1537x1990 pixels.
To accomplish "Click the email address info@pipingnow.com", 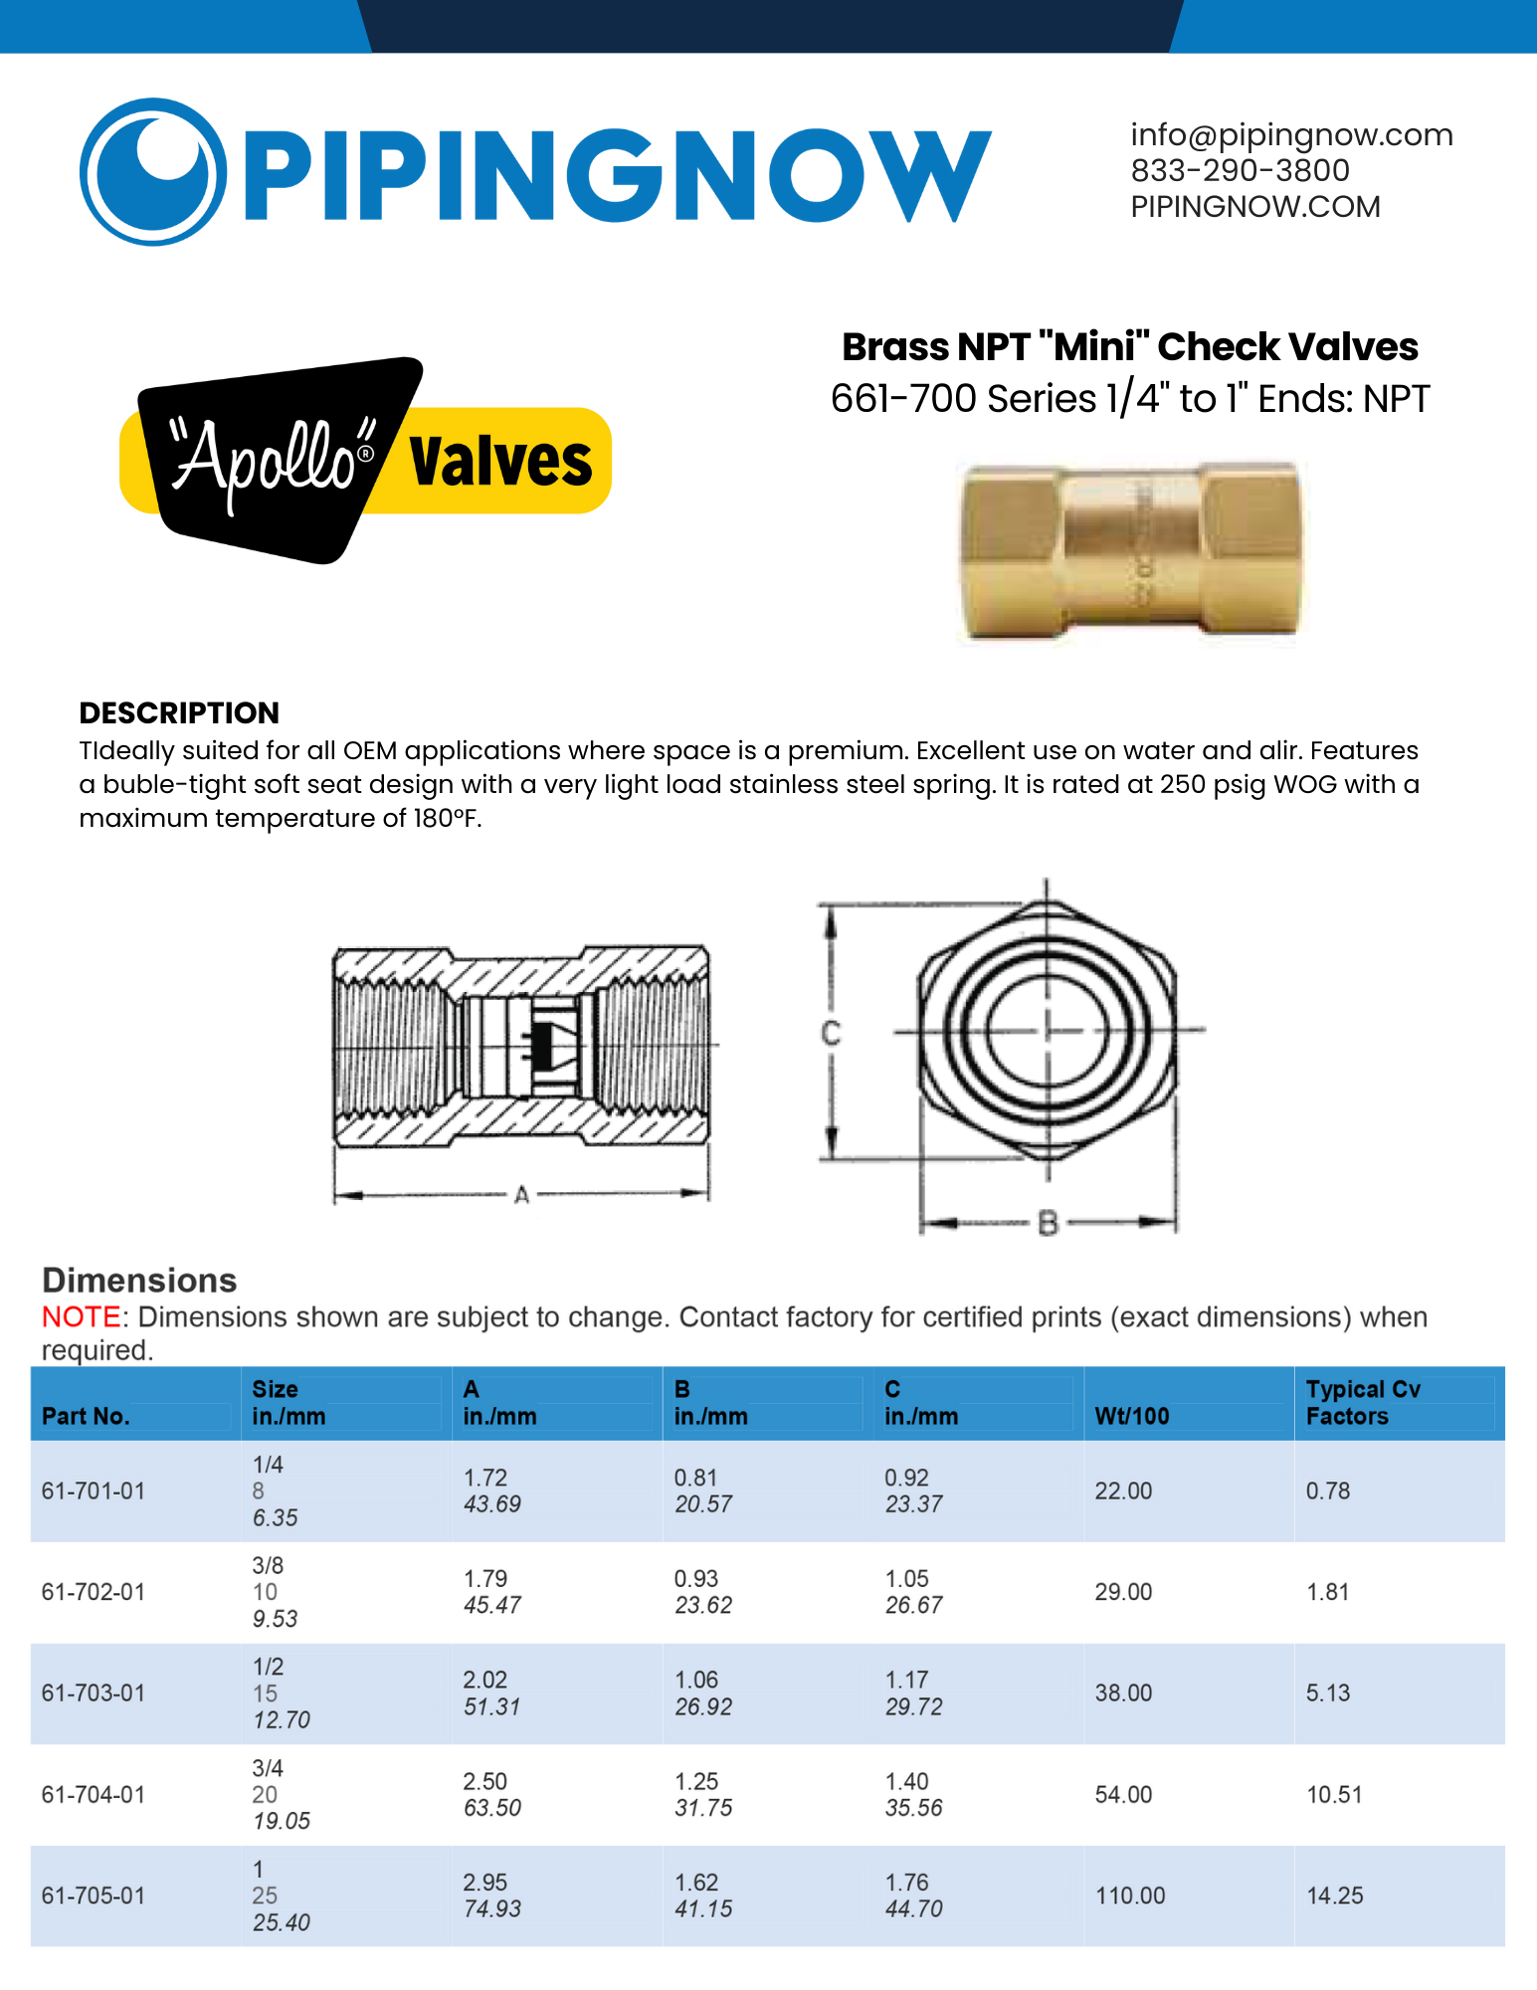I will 1291,135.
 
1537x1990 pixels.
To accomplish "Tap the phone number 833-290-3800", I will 1240,171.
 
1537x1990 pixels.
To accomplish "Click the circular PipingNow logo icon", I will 152,171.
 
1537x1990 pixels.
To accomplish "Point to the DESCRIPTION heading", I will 179,712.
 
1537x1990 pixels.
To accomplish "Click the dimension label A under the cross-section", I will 521,1195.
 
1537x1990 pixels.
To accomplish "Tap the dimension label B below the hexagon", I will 1047,1223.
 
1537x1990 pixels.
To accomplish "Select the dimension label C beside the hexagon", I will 831,1034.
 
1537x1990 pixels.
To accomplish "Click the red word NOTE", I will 81,1316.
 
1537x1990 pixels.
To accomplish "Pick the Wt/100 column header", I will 1132,1416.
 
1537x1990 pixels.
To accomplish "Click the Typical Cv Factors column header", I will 1362,1403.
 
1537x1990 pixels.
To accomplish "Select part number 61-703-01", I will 94,1692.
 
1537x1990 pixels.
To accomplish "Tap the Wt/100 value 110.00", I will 1130,1895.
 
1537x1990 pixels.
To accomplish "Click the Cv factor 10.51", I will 1334,1794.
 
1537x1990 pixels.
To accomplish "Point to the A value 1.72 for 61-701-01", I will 485,1478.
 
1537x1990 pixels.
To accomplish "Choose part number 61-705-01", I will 94,1895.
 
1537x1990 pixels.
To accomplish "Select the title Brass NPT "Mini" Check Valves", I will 1129,347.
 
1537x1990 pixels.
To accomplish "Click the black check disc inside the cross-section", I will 542,1046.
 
